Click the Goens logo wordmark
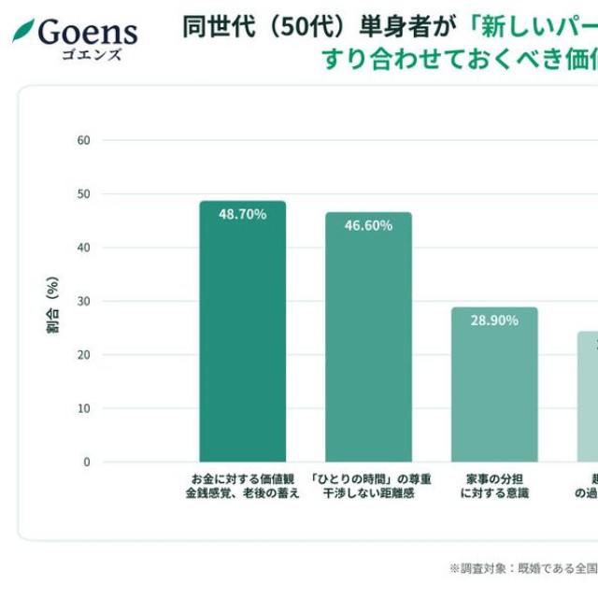click(87, 31)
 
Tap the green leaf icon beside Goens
click(23, 30)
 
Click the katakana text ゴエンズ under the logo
click(92, 54)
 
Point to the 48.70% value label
click(243, 214)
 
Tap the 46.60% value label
click(368, 225)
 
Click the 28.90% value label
click(494, 320)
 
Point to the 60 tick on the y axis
click(84, 140)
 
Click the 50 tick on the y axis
click(84, 194)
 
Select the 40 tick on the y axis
click(84, 248)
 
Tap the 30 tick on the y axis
click(84, 301)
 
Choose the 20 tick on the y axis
click(84, 355)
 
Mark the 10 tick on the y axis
click(84, 408)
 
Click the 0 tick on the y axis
click(87, 462)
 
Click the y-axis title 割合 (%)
click(52, 305)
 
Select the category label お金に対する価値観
click(242, 478)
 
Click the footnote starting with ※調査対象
click(523, 567)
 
